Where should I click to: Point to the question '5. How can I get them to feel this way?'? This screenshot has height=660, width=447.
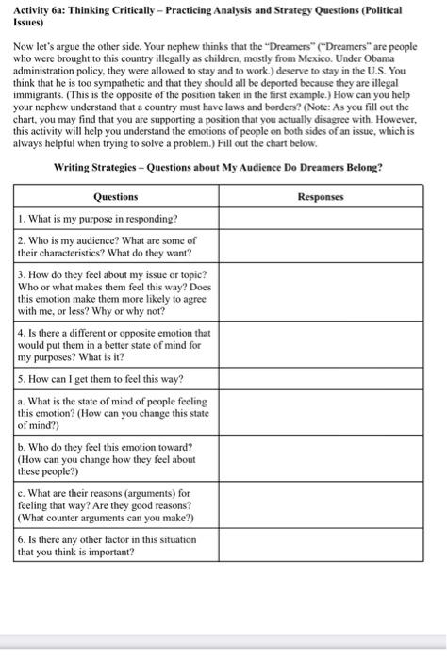point(104,380)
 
